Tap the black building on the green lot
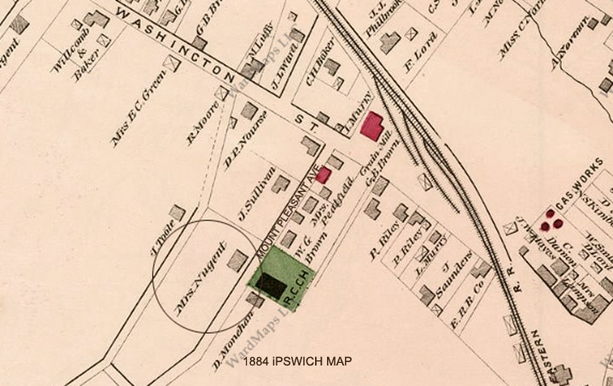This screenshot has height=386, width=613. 271,284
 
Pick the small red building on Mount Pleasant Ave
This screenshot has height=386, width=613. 324,175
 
